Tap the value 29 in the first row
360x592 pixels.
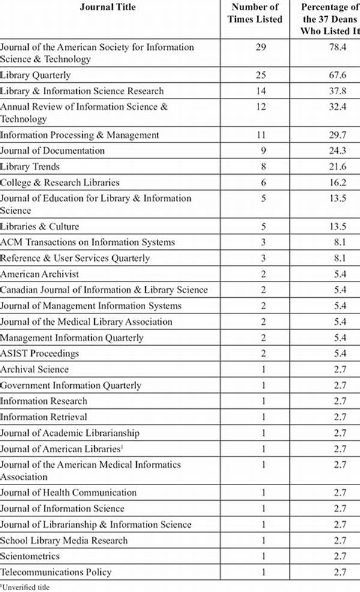point(260,47)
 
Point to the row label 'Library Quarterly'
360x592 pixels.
point(35,75)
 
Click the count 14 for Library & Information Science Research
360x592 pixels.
point(260,91)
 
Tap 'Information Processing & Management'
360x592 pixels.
point(80,135)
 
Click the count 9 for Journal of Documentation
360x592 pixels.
point(260,151)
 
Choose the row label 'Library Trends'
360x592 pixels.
point(30,166)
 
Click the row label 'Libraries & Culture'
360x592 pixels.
point(40,226)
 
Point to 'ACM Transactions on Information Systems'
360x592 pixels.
point(88,242)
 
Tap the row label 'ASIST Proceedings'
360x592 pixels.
point(40,354)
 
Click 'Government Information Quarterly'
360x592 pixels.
point(71,385)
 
